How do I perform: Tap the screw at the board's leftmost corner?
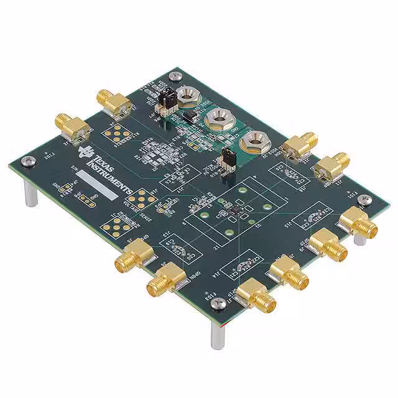26,162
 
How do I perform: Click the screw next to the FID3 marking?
217,303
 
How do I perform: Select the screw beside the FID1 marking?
368,200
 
